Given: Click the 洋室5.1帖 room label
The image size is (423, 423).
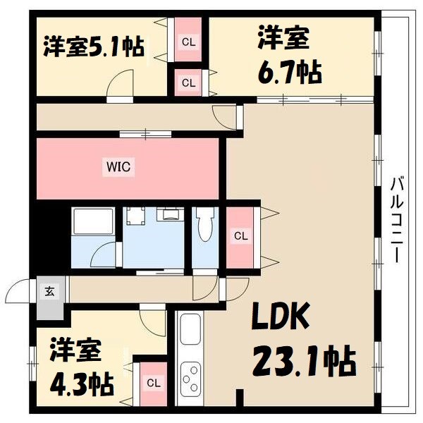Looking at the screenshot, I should pyautogui.click(x=93, y=46).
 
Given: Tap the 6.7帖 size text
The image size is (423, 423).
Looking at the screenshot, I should pyautogui.click(x=289, y=70).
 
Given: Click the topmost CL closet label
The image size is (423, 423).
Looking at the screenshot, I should pyautogui.click(x=188, y=42).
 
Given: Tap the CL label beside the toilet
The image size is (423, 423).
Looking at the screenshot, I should pyautogui.click(x=240, y=235).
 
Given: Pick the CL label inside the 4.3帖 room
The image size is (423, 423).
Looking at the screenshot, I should pyautogui.click(x=153, y=384).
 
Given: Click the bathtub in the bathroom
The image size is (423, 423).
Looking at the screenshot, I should pyautogui.click(x=92, y=223).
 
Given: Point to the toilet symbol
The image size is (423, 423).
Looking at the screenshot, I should pyautogui.click(x=205, y=227).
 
